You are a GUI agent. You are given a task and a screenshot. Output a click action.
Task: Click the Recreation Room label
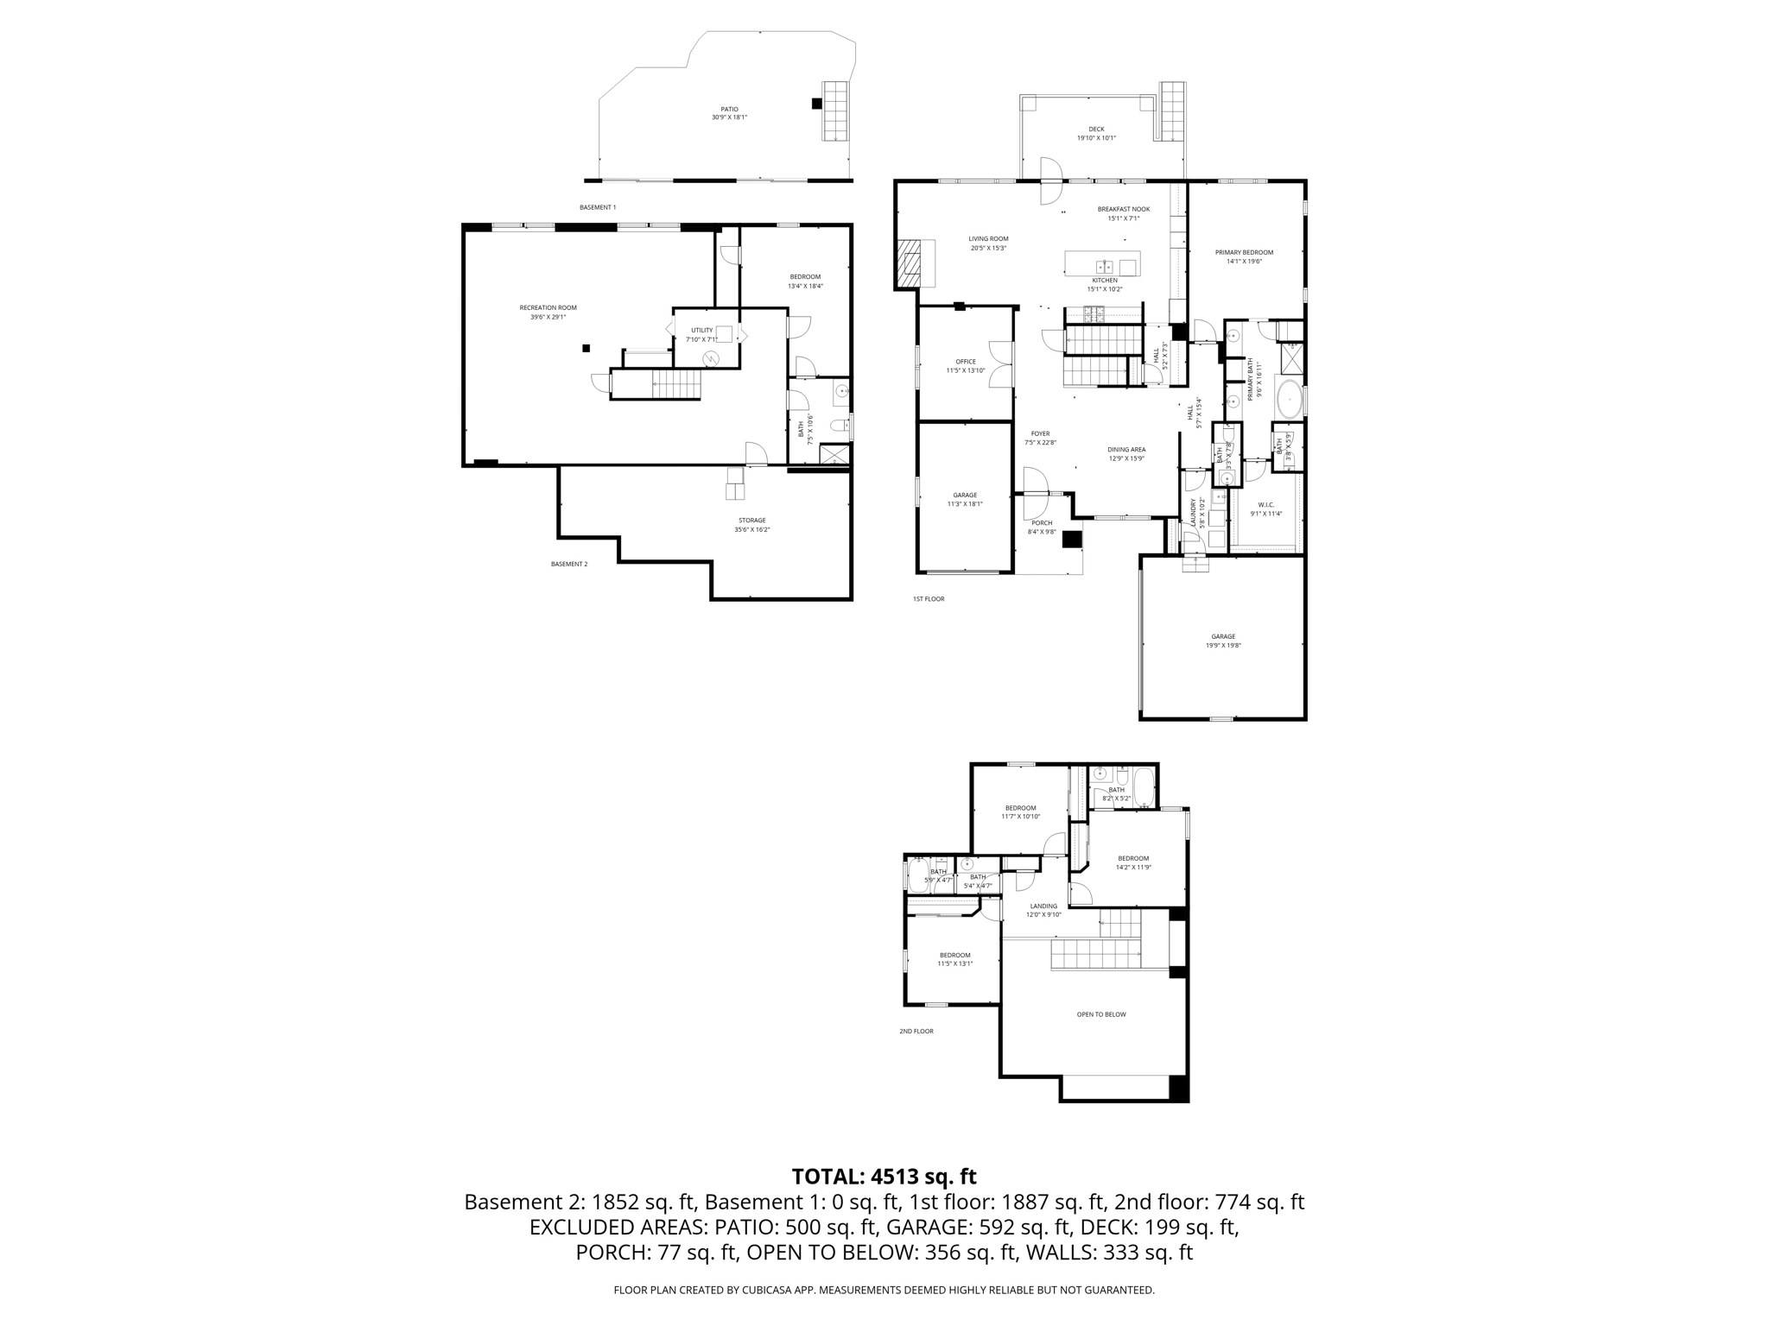(x=548, y=313)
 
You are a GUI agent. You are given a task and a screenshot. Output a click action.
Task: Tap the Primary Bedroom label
(x=1244, y=256)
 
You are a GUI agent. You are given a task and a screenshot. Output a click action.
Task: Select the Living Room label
(x=988, y=243)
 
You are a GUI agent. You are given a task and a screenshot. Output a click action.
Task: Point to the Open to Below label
(x=1101, y=1014)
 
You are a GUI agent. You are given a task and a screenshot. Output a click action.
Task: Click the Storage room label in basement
(x=751, y=525)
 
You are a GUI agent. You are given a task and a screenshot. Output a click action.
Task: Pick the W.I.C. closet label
(x=1265, y=509)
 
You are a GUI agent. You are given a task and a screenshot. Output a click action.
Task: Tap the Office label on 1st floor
(x=965, y=366)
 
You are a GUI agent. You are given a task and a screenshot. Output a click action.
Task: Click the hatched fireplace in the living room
(x=910, y=263)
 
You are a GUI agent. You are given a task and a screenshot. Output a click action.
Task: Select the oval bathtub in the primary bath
(x=1289, y=400)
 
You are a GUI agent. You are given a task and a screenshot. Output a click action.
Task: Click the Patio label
(x=729, y=113)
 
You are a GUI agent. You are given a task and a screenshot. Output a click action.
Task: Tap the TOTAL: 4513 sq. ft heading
(x=884, y=1177)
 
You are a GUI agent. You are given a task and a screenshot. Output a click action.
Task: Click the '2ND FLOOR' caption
(x=916, y=1031)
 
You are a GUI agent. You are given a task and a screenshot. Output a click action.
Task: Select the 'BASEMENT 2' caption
(x=569, y=565)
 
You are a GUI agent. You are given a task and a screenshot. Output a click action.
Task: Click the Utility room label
(x=701, y=334)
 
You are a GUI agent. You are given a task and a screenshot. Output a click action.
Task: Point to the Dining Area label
(x=1126, y=454)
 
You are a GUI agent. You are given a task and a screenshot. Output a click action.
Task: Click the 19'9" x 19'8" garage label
(x=1223, y=641)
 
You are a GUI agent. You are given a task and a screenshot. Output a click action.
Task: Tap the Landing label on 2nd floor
(x=1043, y=910)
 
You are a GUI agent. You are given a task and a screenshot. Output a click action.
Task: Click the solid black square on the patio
(x=816, y=104)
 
